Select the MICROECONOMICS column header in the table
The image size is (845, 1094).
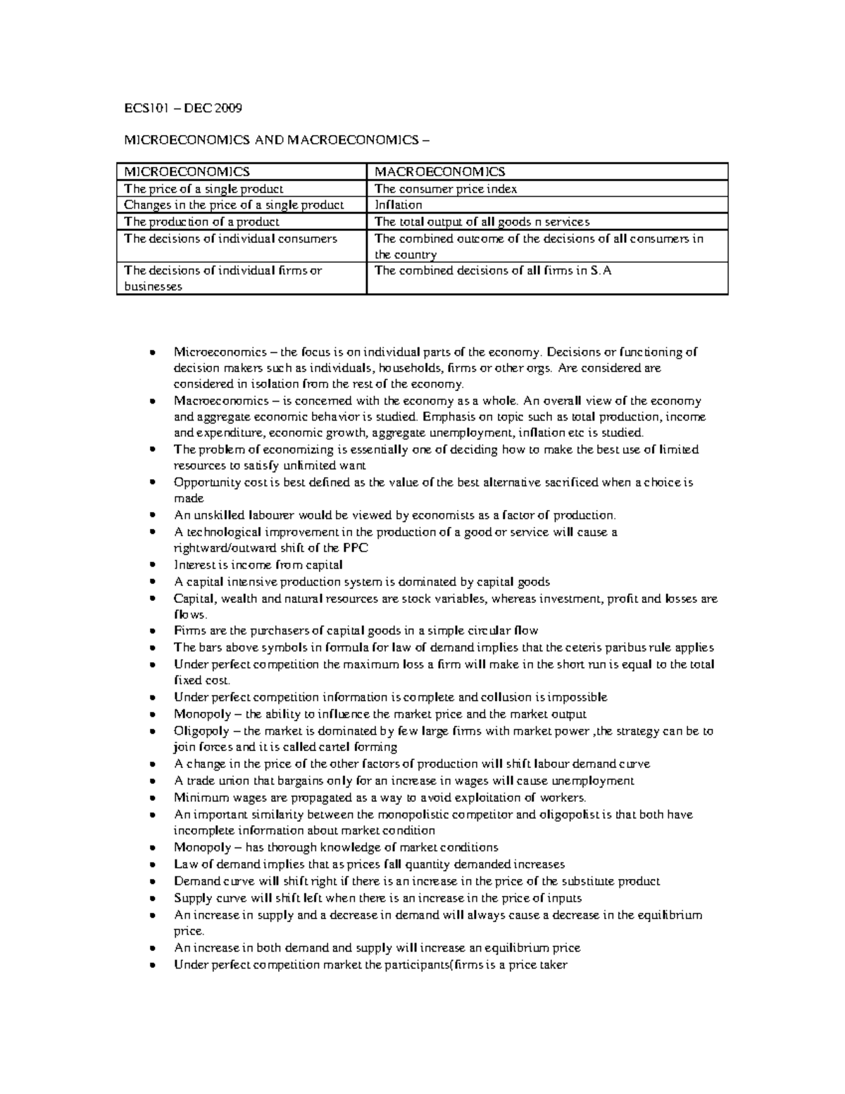click(x=187, y=172)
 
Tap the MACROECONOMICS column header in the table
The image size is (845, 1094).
click(x=439, y=172)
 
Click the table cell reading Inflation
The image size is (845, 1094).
click(x=398, y=205)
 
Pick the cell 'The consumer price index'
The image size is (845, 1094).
click(x=446, y=189)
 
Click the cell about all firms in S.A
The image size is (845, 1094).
click(x=493, y=271)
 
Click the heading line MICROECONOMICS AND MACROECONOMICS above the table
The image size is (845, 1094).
click(x=275, y=140)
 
